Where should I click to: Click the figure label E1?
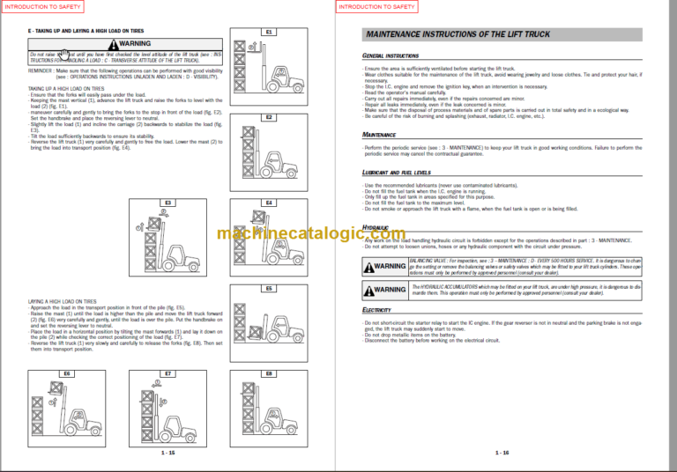pyautogui.click(x=269, y=33)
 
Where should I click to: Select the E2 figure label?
pyautogui.click(x=269, y=117)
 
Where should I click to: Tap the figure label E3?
pyautogui.click(x=167, y=203)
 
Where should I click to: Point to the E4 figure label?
pyautogui.click(x=269, y=203)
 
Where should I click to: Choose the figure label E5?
pyautogui.click(x=269, y=288)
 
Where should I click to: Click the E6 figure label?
pyautogui.click(x=66, y=373)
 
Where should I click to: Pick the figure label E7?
pyautogui.click(x=167, y=373)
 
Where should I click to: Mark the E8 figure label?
pyautogui.click(x=269, y=373)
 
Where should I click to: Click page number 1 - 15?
pyautogui.click(x=167, y=453)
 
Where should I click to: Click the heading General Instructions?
pyautogui.click(x=391, y=55)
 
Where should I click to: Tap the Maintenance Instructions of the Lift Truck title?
pyautogui.click(x=458, y=34)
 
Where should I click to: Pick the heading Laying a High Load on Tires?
pyautogui.click(x=68, y=300)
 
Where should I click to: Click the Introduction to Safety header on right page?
pyautogui.click(x=377, y=6)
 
